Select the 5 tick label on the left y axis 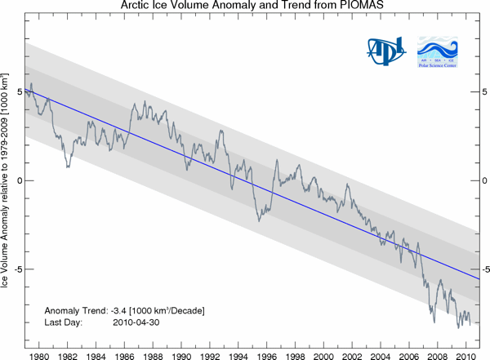click(x=19, y=92)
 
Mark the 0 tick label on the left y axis click(x=19, y=180)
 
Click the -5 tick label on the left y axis click(x=17, y=269)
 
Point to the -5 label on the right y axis click(x=482, y=269)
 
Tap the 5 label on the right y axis click(x=483, y=92)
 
